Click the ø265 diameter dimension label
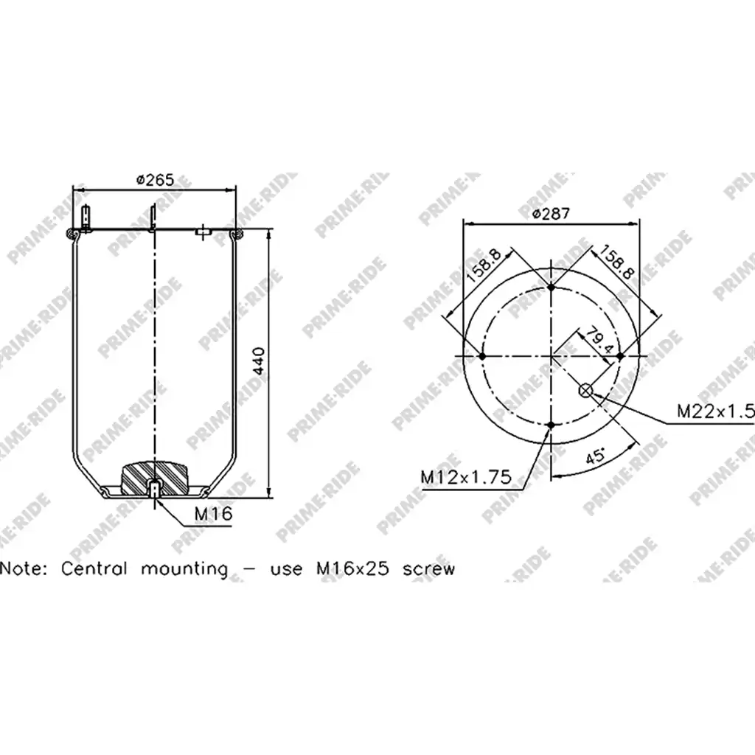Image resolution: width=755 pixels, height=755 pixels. (155, 180)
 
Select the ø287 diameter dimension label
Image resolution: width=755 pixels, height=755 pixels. (551, 213)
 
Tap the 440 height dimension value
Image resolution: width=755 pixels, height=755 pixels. (259, 361)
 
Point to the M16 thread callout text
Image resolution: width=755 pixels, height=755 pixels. (213, 513)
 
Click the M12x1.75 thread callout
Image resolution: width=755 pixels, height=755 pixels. (466, 477)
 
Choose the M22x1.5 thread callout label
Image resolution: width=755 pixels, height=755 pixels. (715, 411)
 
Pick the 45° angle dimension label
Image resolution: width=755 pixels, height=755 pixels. (596, 454)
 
